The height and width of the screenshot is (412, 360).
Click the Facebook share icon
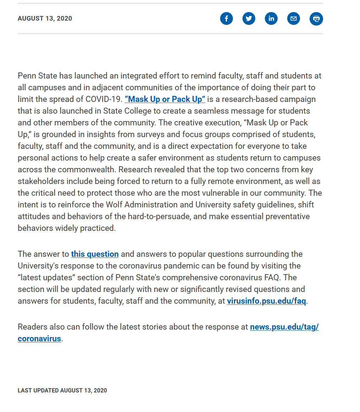(x=227, y=18)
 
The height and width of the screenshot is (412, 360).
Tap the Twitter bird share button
(x=249, y=18)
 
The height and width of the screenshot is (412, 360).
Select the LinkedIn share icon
(x=271, y=18)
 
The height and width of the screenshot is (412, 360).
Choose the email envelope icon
(x=294, y=18)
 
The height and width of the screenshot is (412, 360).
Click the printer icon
(x=316, y=19)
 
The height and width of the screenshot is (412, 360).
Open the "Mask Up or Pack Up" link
(x=165, y=99)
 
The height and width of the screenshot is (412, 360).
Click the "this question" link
(x=95, y=254)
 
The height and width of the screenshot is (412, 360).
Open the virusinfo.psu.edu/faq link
(x=266, y=301)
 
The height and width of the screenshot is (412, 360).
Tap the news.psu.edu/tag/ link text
(x=284, y=327)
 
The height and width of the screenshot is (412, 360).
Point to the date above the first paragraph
(x=45, y=18)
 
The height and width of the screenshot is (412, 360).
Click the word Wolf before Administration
(x=114, y=205)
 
